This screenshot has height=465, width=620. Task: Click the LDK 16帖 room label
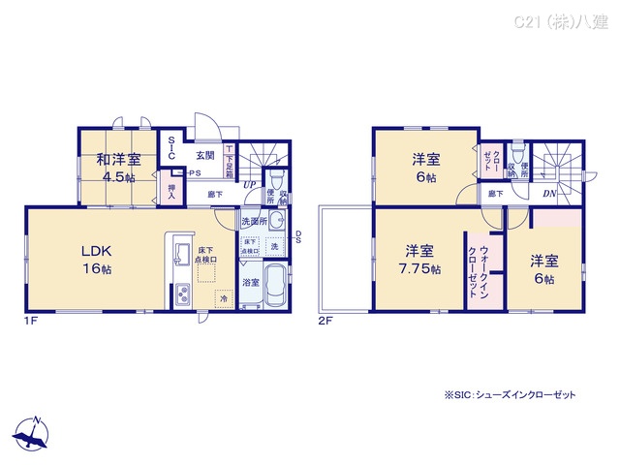tap(94, 261)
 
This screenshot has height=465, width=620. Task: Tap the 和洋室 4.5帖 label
tap(118, 166)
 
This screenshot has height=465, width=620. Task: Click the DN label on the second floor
tap(548, 194)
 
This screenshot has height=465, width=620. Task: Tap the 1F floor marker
tap(31, 321)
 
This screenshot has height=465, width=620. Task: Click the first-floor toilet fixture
tap(276, 179)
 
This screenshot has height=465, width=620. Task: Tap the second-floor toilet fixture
tap(516, 155)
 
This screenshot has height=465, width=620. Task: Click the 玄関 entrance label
tap(204, 155)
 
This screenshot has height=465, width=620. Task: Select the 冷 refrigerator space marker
tap(224, 298)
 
